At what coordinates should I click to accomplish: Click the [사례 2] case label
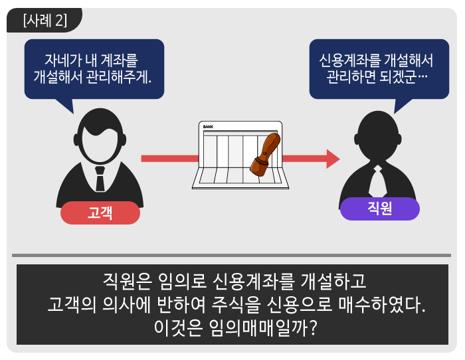tap(45, 20)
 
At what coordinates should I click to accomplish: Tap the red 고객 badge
tap(100, 213)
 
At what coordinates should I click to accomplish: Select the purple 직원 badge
tap(379, 209)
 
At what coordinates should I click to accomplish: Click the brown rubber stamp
tap(265, 155)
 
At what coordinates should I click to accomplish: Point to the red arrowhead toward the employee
tap(333, 159)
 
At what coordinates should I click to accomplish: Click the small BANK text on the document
tap(208, 127)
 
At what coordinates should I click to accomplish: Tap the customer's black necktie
tap(100, 179)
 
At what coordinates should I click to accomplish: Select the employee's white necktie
tap(377, 181)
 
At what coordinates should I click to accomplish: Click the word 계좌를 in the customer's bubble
tap(120, 60)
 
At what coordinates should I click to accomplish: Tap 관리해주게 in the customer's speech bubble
tap(119, 77)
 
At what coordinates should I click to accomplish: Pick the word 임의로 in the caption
tap(182, 280)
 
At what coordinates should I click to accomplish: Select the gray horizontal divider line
tap(231, 255)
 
